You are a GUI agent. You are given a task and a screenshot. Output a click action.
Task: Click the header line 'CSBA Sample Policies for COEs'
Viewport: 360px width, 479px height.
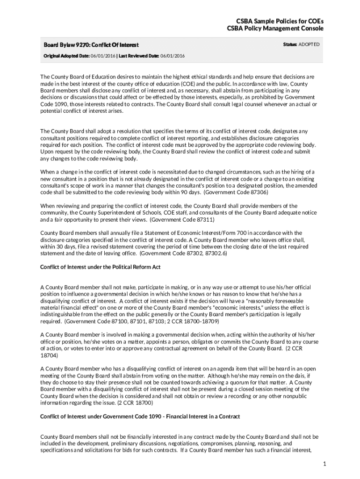(x=275, y=21)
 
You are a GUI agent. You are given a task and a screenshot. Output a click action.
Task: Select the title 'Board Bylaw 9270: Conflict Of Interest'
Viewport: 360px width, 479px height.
(x=91, y=45)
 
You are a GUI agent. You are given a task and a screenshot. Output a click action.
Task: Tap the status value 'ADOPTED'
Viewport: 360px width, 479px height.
(x=309, y=44)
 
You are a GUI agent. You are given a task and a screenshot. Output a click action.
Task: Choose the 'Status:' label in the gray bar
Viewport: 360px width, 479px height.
(x=290, y=44)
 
